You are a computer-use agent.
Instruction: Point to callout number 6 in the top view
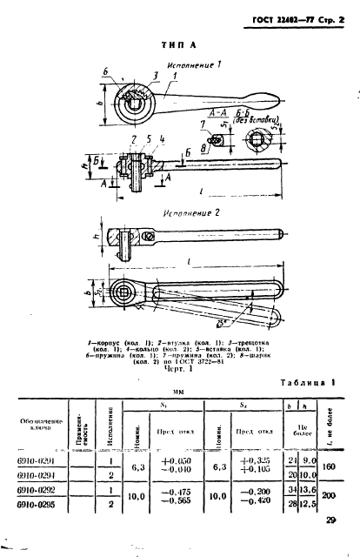coord(106,73)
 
